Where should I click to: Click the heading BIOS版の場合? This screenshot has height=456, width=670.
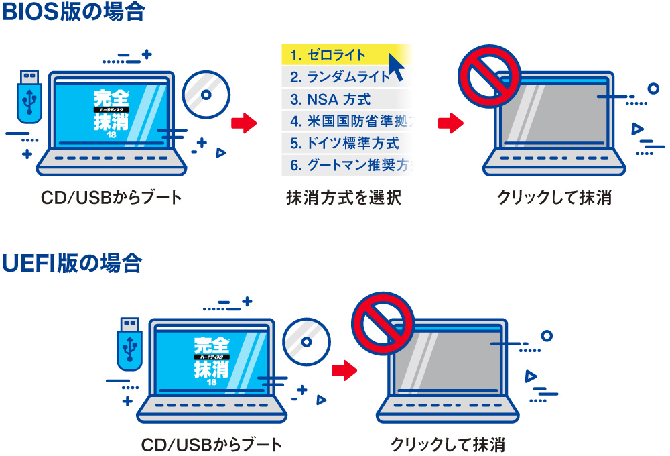[74, 13]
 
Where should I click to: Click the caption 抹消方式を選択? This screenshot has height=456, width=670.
[344, 198]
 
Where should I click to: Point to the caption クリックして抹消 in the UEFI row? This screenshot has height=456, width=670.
[448, 444]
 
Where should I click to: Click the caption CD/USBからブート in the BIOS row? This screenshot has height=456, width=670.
[111, 198]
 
